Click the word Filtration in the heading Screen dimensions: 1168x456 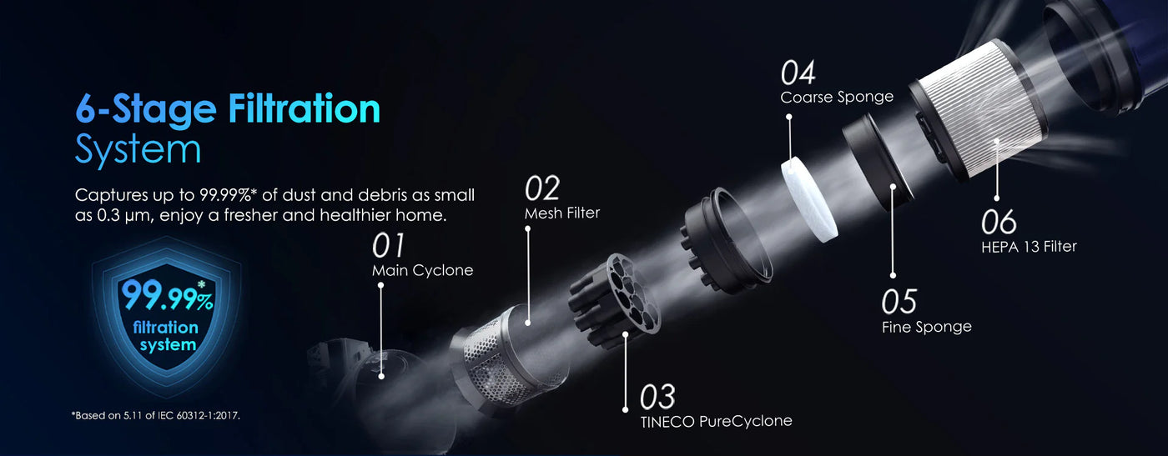click(x=304, y=108)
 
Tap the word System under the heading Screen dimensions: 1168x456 click(x=138, y=149)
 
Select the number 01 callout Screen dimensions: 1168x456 click(x=388, y=245)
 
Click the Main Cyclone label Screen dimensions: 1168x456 click(x=422, y=270)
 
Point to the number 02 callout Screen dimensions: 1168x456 click(x=542, y=188)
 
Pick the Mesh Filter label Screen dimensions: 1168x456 click(x=562, y=213)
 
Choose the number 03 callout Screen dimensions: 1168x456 click(x=657, y=397)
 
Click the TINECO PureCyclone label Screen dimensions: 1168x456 click(x=716, y=421)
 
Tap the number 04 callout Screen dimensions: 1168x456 click(x=798, y=73)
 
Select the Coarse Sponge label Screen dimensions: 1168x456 click(x=837, y=97)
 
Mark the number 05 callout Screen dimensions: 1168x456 click(x=899, y=302)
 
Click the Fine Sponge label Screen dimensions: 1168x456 click(x=927, y=327)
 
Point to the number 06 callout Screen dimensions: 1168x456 click(x=999, y=222)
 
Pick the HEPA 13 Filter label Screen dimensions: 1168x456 click(x=1029, y=247)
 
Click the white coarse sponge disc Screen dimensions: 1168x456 click(x=808, y=200)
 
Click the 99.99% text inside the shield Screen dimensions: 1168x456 click(x=168, y=295)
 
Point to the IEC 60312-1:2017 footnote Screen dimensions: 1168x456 click(x=156, y=416)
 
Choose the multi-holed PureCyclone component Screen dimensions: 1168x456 click(x=616, y=301)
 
